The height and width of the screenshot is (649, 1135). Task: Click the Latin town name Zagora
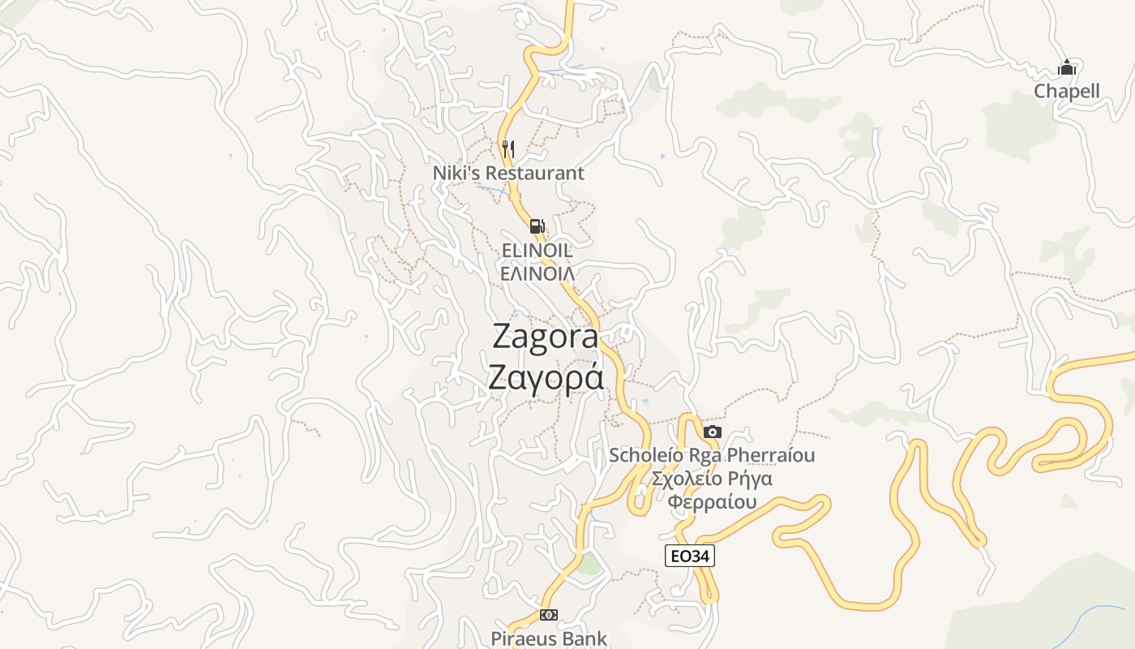click(545, 337)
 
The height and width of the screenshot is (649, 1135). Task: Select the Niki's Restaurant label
click(508, 173)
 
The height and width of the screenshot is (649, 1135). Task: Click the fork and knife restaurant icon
click(508, 148)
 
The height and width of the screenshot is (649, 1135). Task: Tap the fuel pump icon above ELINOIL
click(537, 226)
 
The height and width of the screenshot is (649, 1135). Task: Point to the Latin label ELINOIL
click(537, 251)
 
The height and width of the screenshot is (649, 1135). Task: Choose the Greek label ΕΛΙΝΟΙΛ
click(537, 273)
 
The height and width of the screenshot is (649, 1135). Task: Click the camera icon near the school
click(713, 432)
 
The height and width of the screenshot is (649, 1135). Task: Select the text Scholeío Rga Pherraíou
click(712, 455)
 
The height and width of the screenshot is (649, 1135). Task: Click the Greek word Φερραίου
click(712, 501)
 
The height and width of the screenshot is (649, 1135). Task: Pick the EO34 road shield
click(690, 556)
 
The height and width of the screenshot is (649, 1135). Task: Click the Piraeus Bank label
click(549, 638)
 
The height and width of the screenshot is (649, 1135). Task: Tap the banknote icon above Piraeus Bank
click(549, 615)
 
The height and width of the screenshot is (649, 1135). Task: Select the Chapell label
click(1067, 91)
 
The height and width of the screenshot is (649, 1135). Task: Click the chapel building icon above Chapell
click(1067, 67)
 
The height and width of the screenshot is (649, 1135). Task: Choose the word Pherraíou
click(770, 455)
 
